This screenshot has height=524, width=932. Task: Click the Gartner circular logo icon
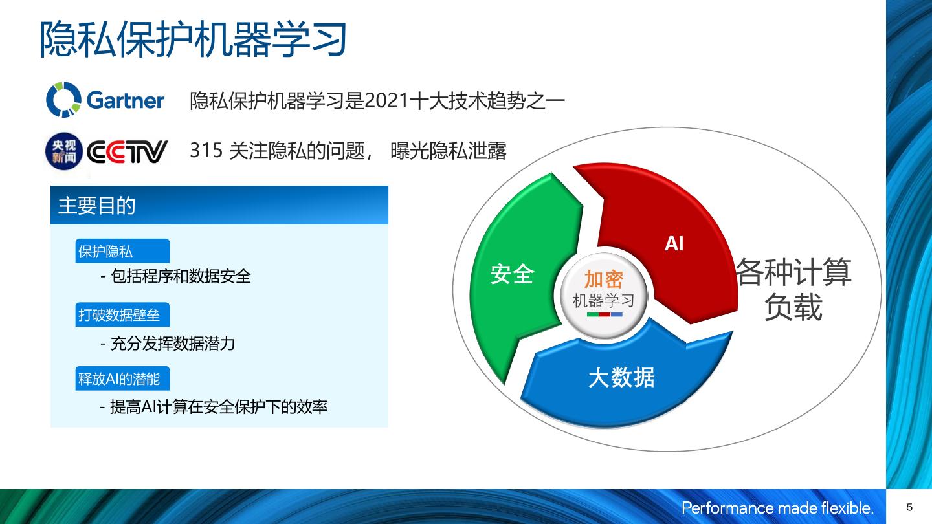63,100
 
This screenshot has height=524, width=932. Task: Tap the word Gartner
126,100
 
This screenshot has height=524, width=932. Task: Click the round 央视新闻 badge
64,151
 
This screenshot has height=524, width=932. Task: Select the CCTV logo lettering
127,152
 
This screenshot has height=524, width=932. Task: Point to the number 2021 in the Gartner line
386,101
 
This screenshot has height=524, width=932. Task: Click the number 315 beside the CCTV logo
206,150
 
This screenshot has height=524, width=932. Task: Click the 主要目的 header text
96,206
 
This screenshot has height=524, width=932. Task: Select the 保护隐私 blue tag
122,251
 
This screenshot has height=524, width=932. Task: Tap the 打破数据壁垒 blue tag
122,314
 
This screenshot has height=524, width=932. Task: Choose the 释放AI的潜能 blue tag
122,378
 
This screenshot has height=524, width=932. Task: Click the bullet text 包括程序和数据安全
181,276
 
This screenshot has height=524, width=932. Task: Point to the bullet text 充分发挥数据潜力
173,344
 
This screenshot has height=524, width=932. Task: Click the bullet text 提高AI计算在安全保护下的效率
219,407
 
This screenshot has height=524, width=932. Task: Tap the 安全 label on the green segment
512,274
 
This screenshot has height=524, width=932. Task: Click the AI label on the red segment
674,243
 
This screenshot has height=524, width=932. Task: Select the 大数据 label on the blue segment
621,378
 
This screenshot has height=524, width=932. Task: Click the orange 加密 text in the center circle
604,279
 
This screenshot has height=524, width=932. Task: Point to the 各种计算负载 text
794,289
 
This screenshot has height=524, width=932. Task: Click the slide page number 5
909,507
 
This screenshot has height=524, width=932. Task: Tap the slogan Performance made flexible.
777,508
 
